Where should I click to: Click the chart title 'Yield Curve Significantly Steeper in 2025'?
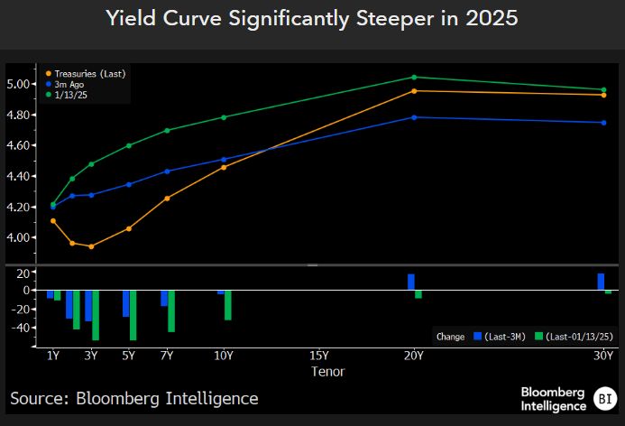[x=312, y=18]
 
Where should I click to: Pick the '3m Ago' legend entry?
[x=69, y=83]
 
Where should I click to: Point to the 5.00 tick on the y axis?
[x=19, y=84]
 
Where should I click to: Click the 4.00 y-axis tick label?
[x=19, y=237]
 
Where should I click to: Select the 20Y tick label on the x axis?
[x=413, y=356]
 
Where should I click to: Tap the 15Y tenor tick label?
[x=318, y=356]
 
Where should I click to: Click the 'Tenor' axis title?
[x=327, y=371]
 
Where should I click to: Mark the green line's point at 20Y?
[x=414, y=77]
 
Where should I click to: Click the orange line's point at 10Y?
[x=224, y=167]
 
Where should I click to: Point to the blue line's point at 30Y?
[x=603, y=123]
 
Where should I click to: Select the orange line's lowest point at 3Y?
[x=91, y=246]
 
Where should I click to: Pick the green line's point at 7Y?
[x=167, y=130]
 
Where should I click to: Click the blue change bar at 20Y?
[x=411, y=282]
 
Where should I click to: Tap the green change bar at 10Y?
[x=228, y=305]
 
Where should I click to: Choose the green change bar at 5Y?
[x=133, y=315]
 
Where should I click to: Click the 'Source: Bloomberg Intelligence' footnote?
[x=134, y=398]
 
